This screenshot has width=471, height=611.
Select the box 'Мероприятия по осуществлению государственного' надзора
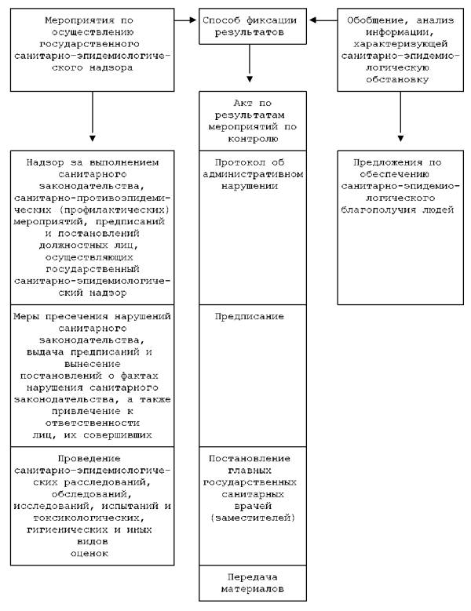tap(93, 46)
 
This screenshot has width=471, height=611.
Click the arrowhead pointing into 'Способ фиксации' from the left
tap(194, 21)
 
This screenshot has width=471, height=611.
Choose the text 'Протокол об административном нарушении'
tap(249, 176)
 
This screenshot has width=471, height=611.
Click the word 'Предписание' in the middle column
tap(249, 316)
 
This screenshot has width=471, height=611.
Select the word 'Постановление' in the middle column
tap(249, 458)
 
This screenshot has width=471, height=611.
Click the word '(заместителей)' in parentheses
tap(249, 518)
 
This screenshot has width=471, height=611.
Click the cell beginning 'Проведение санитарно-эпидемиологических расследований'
tap(93, 506)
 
